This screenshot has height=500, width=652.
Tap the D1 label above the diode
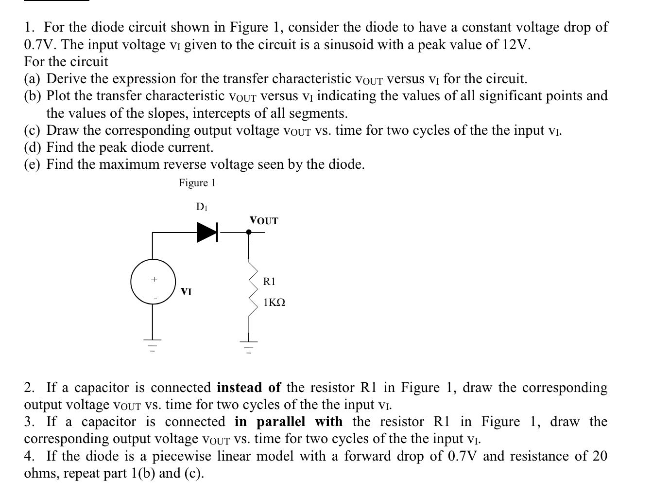[x=202, y=207]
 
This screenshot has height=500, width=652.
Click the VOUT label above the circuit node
[x=264, y=221]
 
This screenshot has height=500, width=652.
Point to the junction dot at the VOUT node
[x=249, y=232]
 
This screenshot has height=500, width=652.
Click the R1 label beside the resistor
[x=269, y=281]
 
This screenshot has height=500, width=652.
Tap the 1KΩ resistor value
[x=274, y=303]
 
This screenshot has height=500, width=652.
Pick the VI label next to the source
[x=186, y=292]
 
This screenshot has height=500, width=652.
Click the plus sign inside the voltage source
[x=154, y=280]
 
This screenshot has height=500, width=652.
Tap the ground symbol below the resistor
[x=249, y=345]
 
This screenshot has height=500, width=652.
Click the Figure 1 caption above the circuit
[x=197, y=183]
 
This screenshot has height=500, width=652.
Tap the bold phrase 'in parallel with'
[x=289, y=421]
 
